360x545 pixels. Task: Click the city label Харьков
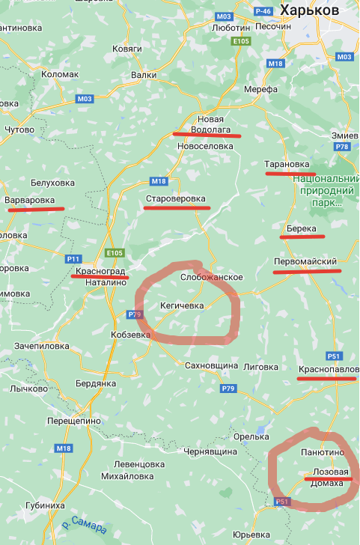(310, 10)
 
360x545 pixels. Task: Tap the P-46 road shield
(263, 11)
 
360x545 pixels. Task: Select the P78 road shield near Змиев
(343, 147)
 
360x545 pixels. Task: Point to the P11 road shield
(73, 258)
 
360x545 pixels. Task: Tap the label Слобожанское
(212, 277)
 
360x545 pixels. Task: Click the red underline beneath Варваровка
(36, 210)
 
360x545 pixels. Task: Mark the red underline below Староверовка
(177, 208)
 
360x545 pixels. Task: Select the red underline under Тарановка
(290, 174)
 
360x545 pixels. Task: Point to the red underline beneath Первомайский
(306, 271)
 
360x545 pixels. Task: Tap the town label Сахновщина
(211, 365)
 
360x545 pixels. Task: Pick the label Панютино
(322, 453)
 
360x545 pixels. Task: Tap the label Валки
(143, 75)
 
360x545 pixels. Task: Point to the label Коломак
(59, 74)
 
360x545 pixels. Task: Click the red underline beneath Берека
(302, 237)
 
